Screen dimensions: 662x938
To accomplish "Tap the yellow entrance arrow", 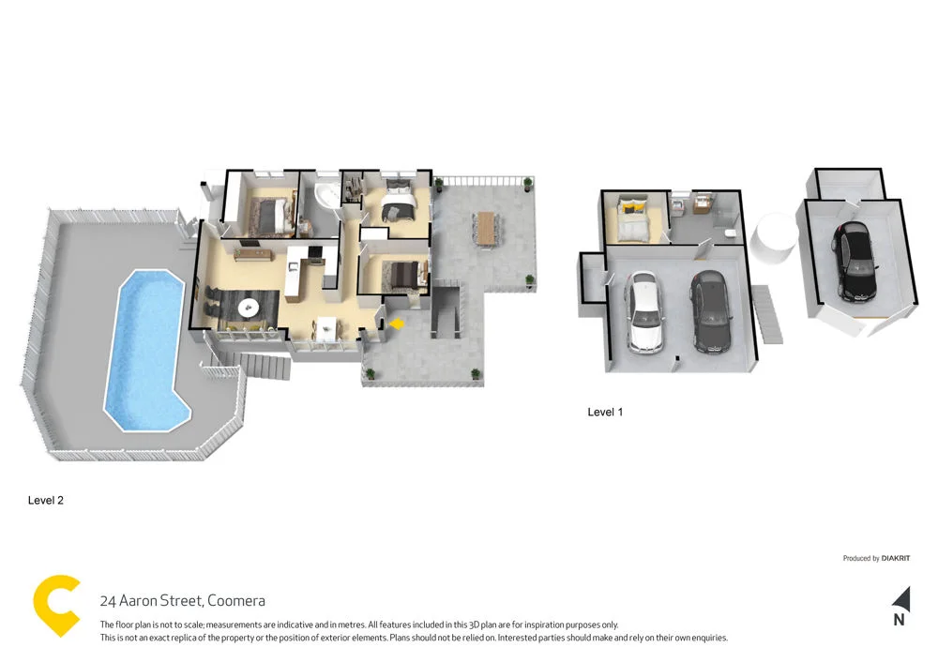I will coord(397,323).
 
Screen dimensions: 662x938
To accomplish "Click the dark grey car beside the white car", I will coord(710,311).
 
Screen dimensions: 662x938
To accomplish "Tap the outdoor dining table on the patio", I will coord(485,228).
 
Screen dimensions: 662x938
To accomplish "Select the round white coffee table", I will coord(250,306).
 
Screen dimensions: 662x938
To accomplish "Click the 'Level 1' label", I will coord(605,412).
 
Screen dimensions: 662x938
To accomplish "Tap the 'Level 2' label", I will coord(46,501).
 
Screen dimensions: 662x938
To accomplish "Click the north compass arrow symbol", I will coord(900,598).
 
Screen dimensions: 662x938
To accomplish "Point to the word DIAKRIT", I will coord(896,559).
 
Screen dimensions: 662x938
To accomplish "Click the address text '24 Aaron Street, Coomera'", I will coord(182,601).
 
